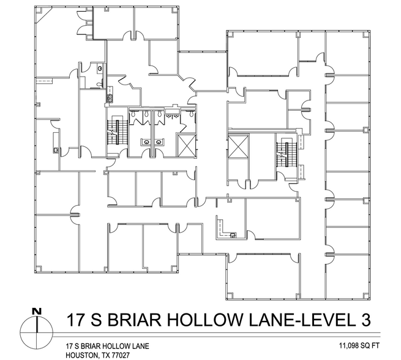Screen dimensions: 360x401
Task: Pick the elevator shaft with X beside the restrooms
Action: click(x=185, y=144)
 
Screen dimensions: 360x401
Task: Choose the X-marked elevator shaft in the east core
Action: click(x=236, y=147)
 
